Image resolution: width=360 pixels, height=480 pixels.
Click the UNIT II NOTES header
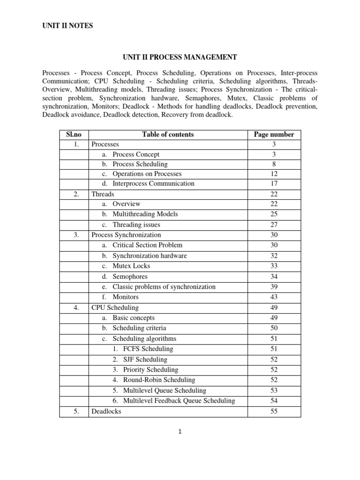click(x=67, y=26)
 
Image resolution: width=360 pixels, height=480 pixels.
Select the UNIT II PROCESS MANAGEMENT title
click(x=180, y=57)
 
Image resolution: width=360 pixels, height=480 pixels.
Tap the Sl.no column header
click(x=74, y=134)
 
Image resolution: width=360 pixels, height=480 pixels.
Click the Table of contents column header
click(x=168, y=134)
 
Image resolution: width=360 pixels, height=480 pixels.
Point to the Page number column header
click(x=274, y=134)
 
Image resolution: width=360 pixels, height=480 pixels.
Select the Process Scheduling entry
click(x=140, y=165)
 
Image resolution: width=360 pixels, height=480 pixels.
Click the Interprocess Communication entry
click(x=153, y=183)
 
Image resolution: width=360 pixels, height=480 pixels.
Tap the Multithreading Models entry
click(x=145, y=214)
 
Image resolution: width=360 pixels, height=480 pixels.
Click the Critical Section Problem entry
click(x=147, y=245)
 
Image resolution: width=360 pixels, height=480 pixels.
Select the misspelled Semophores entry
click(x=131, y=277)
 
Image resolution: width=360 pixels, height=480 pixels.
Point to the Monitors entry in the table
click(x=125, y=297)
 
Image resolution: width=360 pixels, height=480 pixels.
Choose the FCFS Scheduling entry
click(x=148, y=349)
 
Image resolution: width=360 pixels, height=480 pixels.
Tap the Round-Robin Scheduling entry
click(x=159, y=380)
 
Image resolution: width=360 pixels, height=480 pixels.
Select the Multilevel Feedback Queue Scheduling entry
click(x=179, y=401)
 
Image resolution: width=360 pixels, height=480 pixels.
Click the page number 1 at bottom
click(x=180, y=432)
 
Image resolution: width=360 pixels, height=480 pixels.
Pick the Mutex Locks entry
click(x=131, y=266)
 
